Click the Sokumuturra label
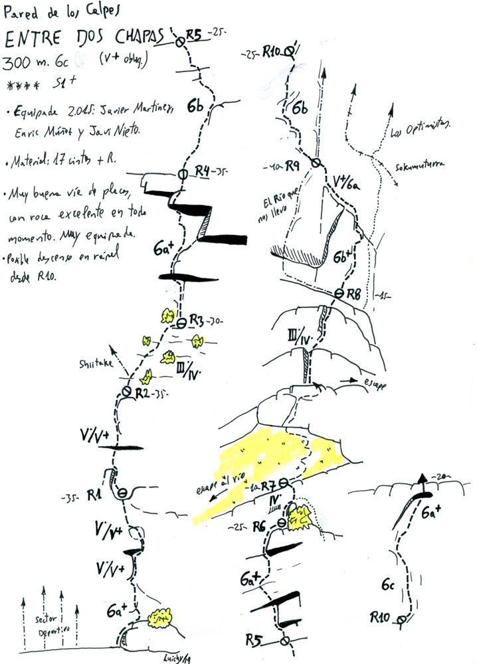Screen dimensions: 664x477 pyautogui.click(x=419, y=165)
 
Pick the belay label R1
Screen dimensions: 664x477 pyautogui.click(x=93, y=495)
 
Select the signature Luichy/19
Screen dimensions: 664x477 pyautogui.click(x=177, y=657)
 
